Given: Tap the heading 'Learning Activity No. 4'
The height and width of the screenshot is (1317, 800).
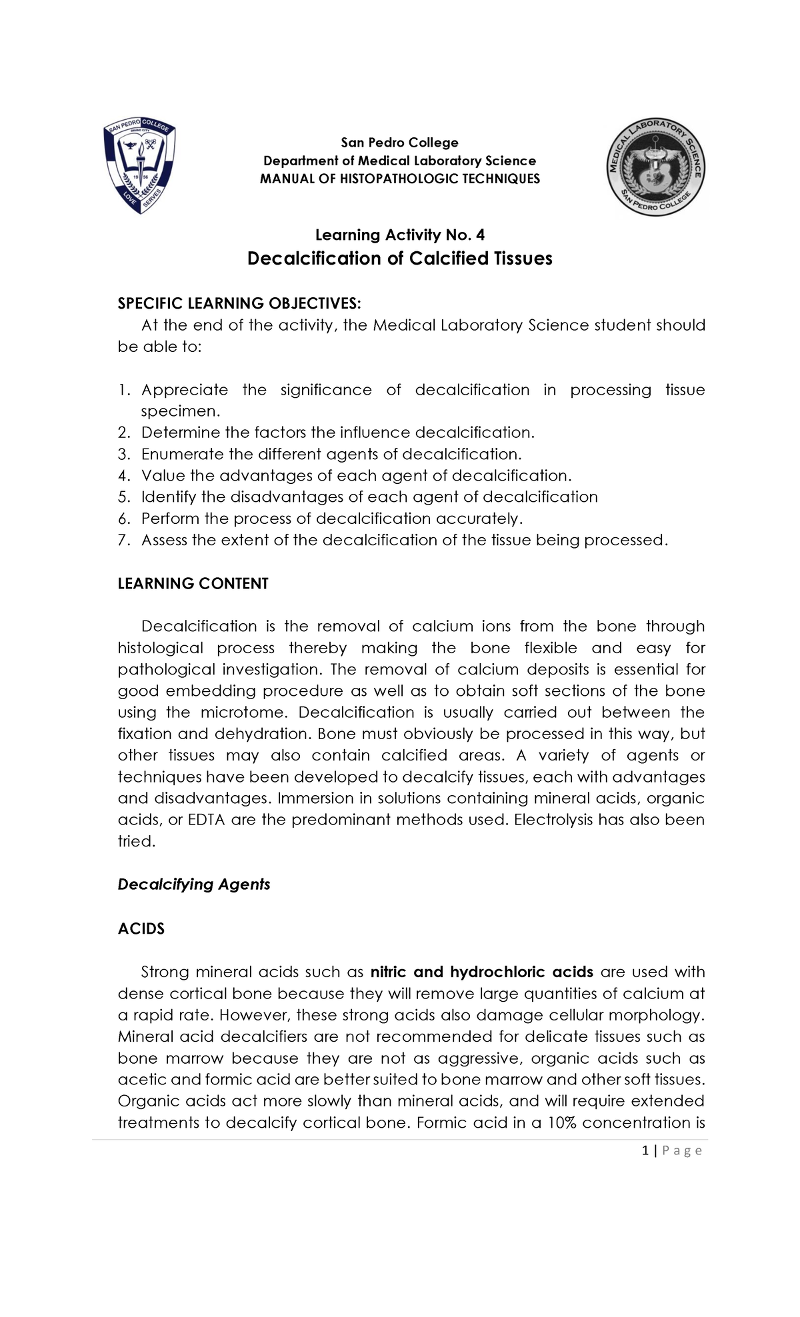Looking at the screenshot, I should coord(399,235).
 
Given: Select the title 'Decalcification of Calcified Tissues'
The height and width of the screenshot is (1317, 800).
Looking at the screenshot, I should coord(399,259).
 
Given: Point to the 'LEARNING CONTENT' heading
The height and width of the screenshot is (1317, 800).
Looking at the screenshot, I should coord(193,584).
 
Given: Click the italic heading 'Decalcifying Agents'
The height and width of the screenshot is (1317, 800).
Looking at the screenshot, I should coord(194,884).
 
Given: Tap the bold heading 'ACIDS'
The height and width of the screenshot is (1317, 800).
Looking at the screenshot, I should coord(141,928).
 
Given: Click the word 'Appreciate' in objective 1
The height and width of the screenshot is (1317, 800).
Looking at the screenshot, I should coord(184,390).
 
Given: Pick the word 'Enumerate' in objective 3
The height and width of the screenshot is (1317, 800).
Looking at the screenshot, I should coord(181,455).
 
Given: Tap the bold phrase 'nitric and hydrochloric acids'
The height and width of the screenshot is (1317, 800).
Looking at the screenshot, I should coord(481,972).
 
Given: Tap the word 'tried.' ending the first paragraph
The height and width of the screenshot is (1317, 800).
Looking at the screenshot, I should coord(136,841).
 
